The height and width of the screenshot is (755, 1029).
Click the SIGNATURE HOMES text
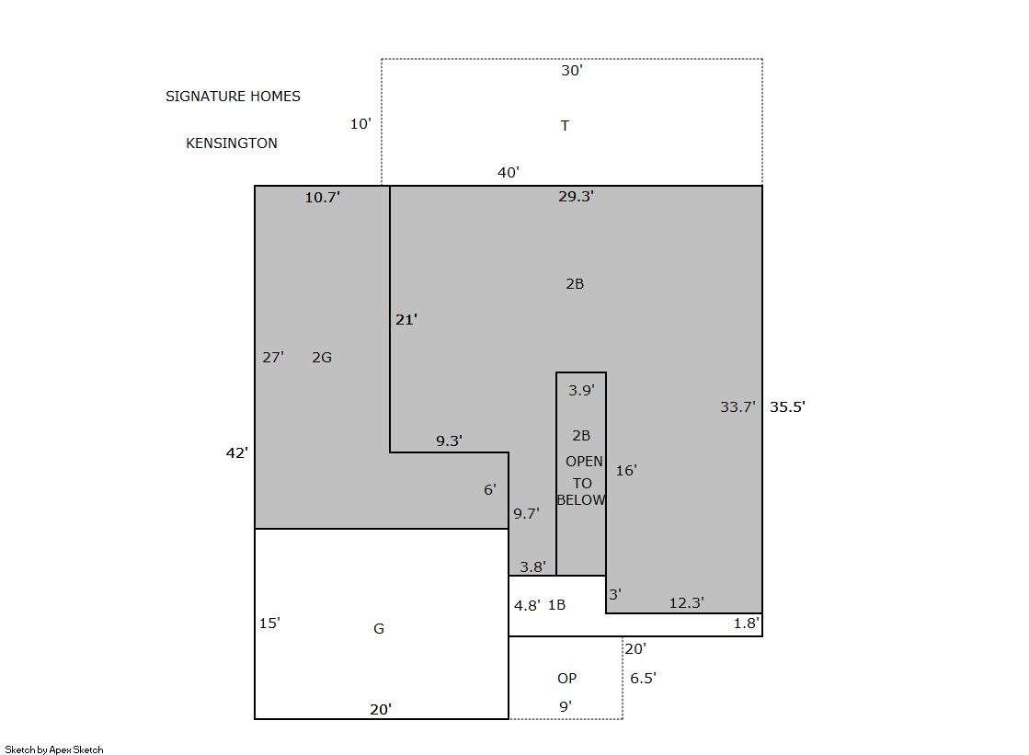pos(233,97)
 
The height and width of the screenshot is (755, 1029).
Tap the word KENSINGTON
pos(232,143)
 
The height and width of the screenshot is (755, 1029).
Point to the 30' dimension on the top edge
pos(572,70)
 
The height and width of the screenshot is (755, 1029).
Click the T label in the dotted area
pos(565,125)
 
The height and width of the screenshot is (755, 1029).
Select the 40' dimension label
pos(509,173)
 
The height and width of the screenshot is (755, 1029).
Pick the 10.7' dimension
pos(322,197)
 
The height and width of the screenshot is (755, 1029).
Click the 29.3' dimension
pos(577,196)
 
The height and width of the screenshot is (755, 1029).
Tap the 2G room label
pos(322,357)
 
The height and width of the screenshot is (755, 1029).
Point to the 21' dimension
pos(406,320)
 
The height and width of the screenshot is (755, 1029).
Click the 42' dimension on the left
pos(237,453)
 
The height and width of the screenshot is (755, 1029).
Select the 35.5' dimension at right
pos(787,407)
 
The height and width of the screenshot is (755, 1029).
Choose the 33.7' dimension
pos(737,407)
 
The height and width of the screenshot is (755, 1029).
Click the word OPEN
pos(584,462)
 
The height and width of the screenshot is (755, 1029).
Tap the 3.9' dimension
pos(581,391)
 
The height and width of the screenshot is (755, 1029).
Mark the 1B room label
pos(556,605)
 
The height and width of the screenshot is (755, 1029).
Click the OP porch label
pos(567,678)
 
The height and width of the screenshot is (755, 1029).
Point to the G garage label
pos(379,629)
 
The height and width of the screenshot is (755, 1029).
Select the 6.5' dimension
pos(643,678)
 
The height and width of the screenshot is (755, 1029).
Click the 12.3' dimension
pos(686,602)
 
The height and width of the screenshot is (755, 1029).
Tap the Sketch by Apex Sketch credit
pos(54,749)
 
